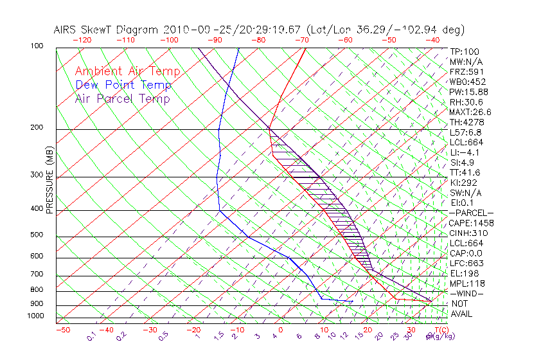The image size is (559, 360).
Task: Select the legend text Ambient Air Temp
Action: pos(127,71)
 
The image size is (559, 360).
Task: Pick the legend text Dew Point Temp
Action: pos(123,85)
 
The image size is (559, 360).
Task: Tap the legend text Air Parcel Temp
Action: pos(123,98)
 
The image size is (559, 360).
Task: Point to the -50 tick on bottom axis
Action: pos(62,330)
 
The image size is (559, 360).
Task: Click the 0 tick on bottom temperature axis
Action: pos(280,330)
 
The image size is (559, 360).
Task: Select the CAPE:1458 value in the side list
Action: pos(471,223)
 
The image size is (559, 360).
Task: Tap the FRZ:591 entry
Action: pos(467,71)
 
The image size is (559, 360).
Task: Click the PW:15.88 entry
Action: pos(469,92)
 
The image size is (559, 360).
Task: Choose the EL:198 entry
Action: pos(465,273)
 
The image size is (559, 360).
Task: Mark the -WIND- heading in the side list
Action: pos(467,293)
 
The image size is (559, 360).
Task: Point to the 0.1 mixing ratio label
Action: pos(92,336)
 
